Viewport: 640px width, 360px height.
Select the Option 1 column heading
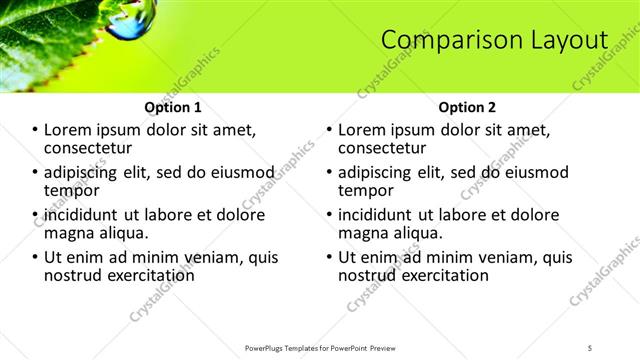[173, 107]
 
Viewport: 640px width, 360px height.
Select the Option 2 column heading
[466, 107]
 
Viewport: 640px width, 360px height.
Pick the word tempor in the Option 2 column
[365, 189]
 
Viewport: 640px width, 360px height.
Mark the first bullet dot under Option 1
[35, 130]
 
